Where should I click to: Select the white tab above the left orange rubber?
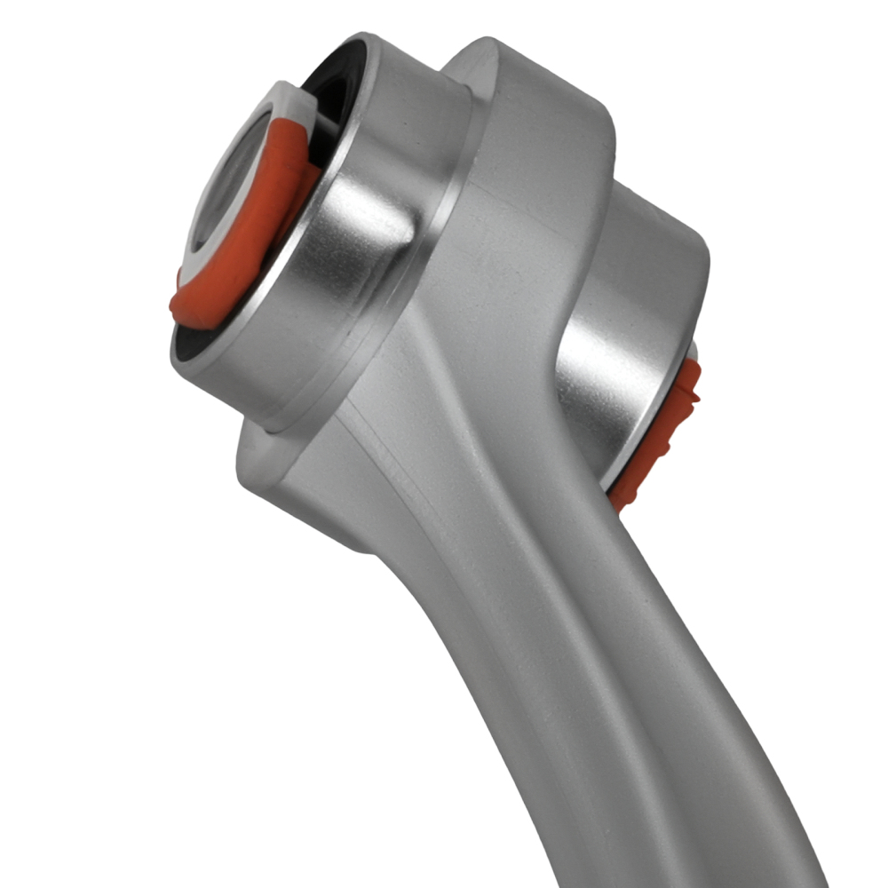(293, 102)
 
